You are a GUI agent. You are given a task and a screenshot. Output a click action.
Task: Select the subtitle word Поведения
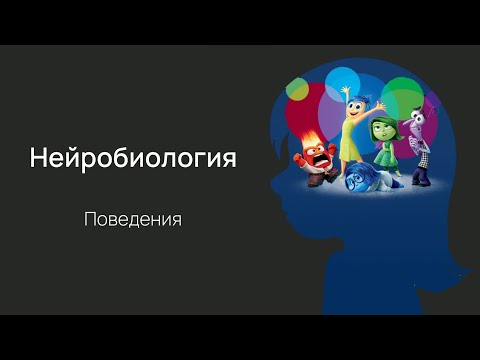(133, 218)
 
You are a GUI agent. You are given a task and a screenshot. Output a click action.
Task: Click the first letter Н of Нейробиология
(38, 158)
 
